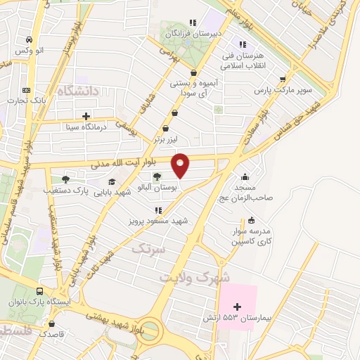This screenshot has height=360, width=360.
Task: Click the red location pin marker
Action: (181, 165)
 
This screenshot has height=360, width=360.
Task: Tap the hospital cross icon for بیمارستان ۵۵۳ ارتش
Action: (237, 307)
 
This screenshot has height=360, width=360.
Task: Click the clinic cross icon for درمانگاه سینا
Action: (86, 116)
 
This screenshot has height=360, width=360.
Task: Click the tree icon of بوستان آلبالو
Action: (156, 177)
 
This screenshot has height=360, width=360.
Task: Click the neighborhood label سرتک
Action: (147, 248)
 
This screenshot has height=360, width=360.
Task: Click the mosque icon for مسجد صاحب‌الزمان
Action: (244, 176)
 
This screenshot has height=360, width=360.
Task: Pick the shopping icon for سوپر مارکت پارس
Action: (283, 79)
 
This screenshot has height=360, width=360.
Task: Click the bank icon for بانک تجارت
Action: (27, 90)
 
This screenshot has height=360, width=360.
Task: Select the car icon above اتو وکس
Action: (28, 39)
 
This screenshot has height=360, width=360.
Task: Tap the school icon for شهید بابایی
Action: (112, 182)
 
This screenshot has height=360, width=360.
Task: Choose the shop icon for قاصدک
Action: (51, 324)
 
